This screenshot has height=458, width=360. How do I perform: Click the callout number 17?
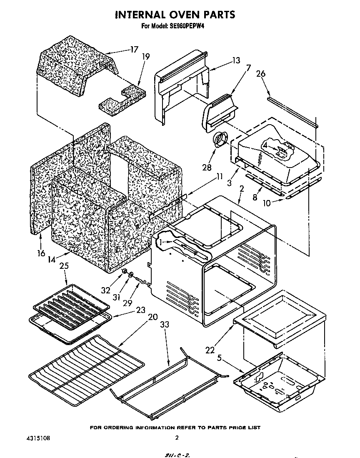[x=134, y=49]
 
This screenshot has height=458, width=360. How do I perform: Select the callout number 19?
[x=145, y=57]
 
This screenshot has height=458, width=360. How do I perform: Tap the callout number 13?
[x=236, y=60]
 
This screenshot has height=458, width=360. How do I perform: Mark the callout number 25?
[x=64, y=265]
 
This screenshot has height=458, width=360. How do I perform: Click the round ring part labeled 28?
[x=220, y=140]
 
